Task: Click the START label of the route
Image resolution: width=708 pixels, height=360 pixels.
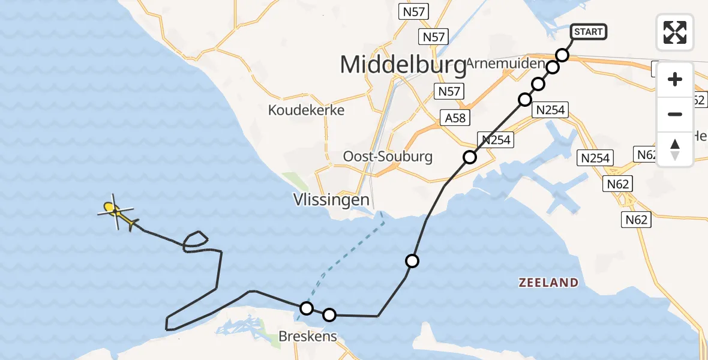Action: (x=588, y=32)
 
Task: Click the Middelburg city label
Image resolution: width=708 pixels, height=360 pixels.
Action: (x=403, y=65)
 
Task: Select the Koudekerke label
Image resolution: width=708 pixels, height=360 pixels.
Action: (x=307, y=110)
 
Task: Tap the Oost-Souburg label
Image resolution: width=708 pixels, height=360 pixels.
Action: (x=388, y=157)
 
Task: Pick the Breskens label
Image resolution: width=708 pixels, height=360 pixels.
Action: (x=307, y=337)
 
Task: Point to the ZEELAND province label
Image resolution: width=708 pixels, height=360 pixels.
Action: (x=549, y=283)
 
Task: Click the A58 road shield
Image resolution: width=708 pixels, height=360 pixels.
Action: (x=455, y=118)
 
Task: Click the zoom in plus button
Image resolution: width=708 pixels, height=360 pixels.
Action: (x=675, y=79)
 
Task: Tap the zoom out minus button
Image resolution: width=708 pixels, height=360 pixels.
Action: (x=675, y=114)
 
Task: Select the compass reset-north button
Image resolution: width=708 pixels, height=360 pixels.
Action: (x=675, y=149)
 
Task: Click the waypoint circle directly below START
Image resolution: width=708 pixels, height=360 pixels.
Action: (x=562, y=55)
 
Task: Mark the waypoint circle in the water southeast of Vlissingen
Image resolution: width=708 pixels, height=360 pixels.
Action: (x=412, y=261)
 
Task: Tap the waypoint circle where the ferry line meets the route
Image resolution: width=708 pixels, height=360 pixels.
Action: (x=307, y=308)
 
